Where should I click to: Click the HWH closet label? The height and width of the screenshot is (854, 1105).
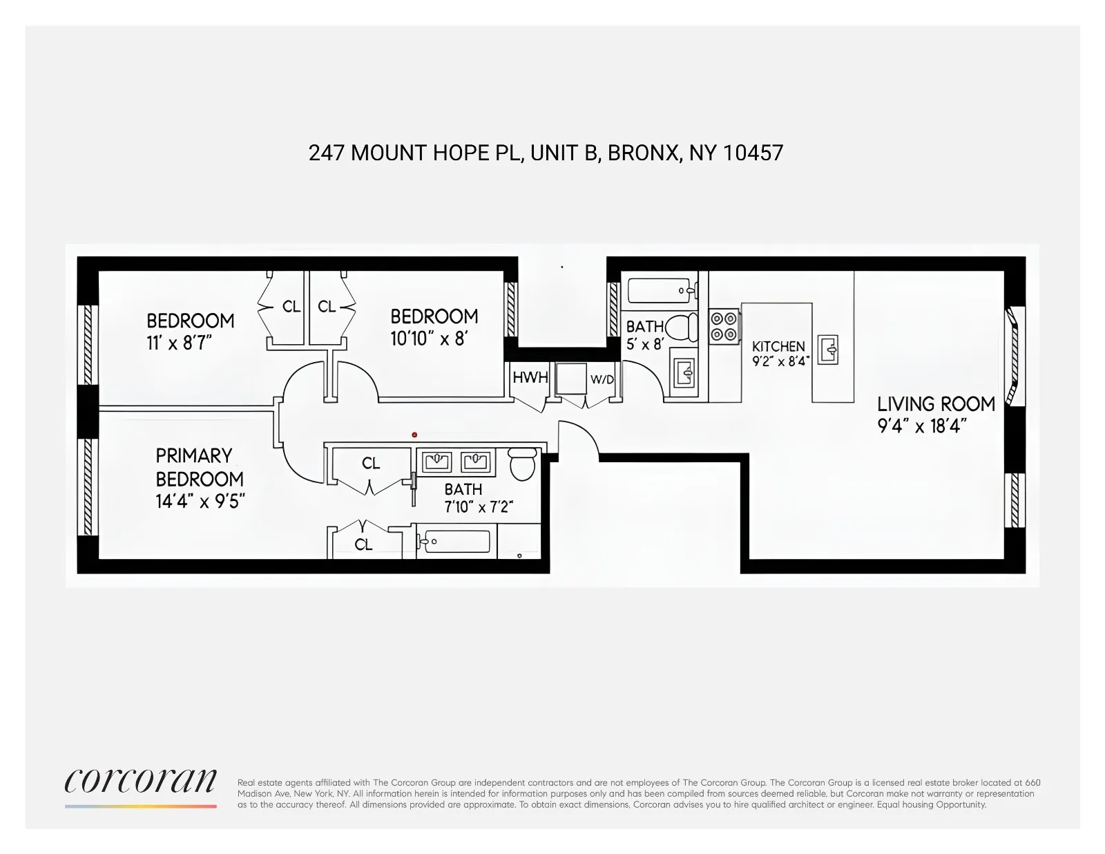530,377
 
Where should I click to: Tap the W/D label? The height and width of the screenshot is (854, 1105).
602,379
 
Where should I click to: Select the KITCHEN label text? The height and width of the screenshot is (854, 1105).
778,346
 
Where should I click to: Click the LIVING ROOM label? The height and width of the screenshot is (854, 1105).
936,404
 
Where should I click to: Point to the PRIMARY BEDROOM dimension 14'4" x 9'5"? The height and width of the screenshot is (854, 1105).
200,502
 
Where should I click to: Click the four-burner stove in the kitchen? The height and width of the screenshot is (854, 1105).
723,327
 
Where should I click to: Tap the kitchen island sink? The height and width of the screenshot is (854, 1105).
828,350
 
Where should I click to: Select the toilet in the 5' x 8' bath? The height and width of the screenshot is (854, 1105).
682,328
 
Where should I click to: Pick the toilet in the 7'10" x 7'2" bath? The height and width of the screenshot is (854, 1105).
523,464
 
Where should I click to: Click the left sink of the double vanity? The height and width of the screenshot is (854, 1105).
436,461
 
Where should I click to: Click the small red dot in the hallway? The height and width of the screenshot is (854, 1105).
414,435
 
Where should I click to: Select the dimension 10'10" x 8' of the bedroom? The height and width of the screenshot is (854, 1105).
429,339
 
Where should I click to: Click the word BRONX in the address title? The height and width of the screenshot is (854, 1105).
643,153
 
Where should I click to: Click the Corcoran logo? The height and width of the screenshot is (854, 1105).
140,782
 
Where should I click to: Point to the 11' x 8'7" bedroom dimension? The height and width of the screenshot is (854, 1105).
179,343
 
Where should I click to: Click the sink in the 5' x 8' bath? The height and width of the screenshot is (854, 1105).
684,373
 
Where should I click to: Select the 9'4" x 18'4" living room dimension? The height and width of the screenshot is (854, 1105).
921,426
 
